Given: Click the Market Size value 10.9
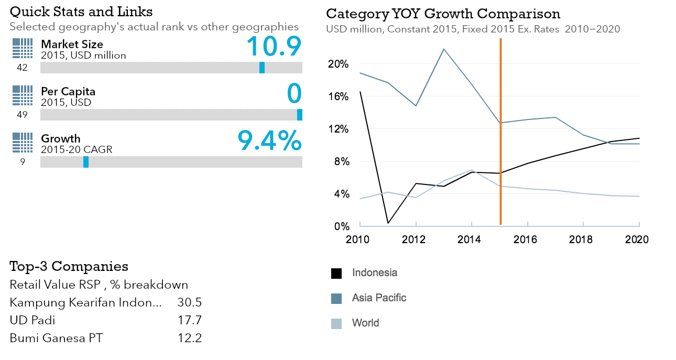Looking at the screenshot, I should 274,46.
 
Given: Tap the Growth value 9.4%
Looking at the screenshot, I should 269,140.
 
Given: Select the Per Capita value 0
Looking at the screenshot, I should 295,93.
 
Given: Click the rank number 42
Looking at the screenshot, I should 22,68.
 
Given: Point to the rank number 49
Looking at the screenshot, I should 22,115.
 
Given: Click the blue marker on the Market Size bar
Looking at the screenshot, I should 262,68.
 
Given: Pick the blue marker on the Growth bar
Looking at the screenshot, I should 86,162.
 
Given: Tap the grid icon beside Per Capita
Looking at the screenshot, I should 22,96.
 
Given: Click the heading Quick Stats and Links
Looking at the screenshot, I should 81,11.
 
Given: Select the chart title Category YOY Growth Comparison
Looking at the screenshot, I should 443,14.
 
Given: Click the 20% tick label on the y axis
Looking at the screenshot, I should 339,64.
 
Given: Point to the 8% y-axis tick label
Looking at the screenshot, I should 341,161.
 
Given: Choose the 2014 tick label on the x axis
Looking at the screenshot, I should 472,239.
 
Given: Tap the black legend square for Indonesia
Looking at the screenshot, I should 336,273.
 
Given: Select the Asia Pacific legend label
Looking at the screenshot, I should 379,298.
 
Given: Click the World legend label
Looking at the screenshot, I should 365,323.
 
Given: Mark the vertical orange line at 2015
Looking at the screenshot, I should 500,131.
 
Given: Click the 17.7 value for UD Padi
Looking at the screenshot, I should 190,320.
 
